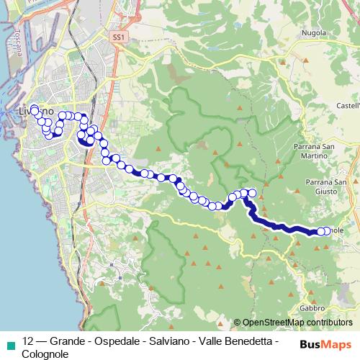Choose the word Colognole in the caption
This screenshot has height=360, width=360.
pyautogui.click(x=46, y=354)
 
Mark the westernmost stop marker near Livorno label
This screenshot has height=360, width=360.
pyautogui.click(x=34, y=109)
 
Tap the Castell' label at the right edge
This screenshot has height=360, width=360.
pyautogui.click(x=346, y=106)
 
